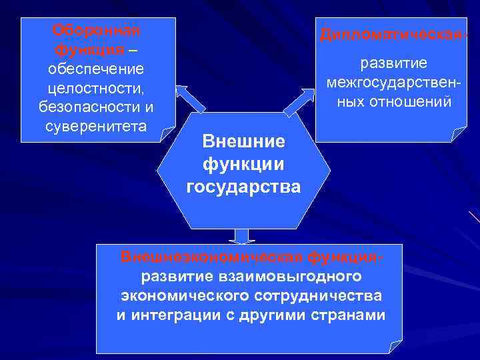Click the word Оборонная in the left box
click(97, 31)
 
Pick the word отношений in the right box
click(417, 102)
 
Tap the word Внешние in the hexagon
click(243, 141)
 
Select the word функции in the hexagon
click(243, 164)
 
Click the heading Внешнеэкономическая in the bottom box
click(213, 257)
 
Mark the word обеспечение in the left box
click(96, 69)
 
